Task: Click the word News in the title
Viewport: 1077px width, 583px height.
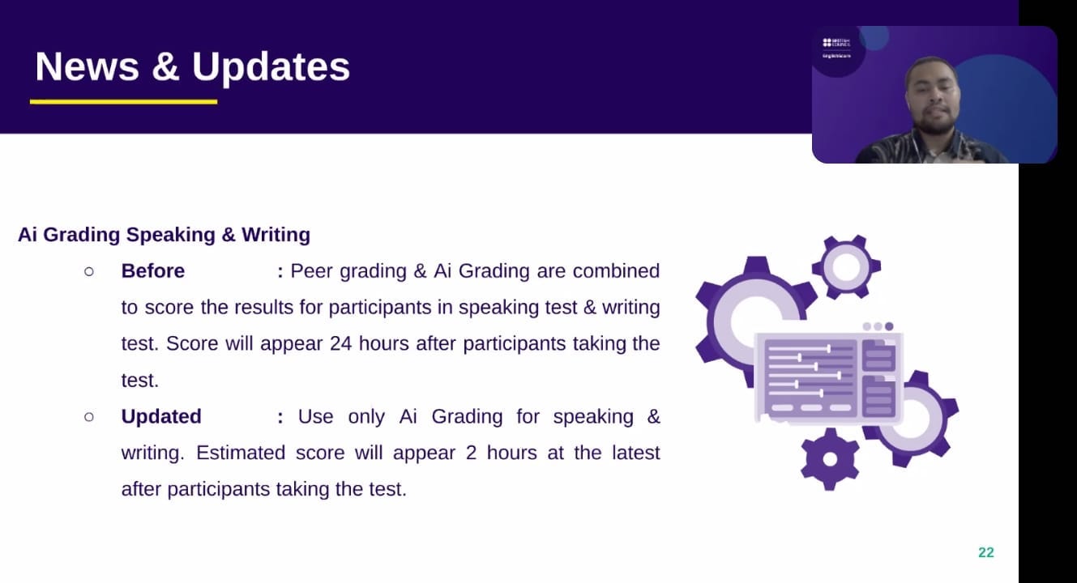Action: point(87,66)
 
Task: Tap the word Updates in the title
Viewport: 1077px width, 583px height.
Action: point(271,67)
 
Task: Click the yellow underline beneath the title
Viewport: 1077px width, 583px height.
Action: point(123,102)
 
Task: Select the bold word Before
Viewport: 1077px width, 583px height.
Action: point(153,270)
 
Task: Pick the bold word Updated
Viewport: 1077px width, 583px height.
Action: point(161,416)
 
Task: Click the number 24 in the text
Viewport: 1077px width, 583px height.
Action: point(341,344)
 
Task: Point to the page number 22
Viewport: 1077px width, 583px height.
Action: point(986,552)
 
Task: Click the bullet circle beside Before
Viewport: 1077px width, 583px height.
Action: point(89,272)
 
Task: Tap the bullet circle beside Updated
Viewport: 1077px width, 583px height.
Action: point(89,417)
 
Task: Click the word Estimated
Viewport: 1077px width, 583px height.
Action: point(241,453)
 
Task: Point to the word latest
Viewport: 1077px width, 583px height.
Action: point(635,453)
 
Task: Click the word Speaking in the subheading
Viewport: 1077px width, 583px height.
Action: point(171,236)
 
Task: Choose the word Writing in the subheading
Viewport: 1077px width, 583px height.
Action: point(276,236)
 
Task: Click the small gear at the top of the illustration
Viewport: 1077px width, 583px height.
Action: point(846,267)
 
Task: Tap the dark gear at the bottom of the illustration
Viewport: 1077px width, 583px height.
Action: point(830,460)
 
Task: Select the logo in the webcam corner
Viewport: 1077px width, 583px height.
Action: point(836,48)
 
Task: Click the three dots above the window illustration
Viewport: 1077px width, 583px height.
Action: point(878,326)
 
